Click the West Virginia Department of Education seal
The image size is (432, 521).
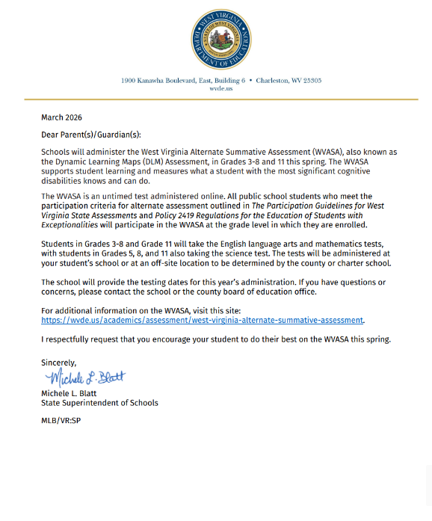click(x=215, y=39)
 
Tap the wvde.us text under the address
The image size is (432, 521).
click(x=215, y=88)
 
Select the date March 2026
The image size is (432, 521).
click(x=61, y=117)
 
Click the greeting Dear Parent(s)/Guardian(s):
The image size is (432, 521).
click(x=90, y=135)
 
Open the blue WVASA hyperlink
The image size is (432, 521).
click(x=203, y=320)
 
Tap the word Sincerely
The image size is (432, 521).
click(x=59, y=363)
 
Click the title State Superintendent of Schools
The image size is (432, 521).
click(x=99, y=403)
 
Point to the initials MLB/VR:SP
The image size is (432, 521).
click(x=61, y=421)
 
